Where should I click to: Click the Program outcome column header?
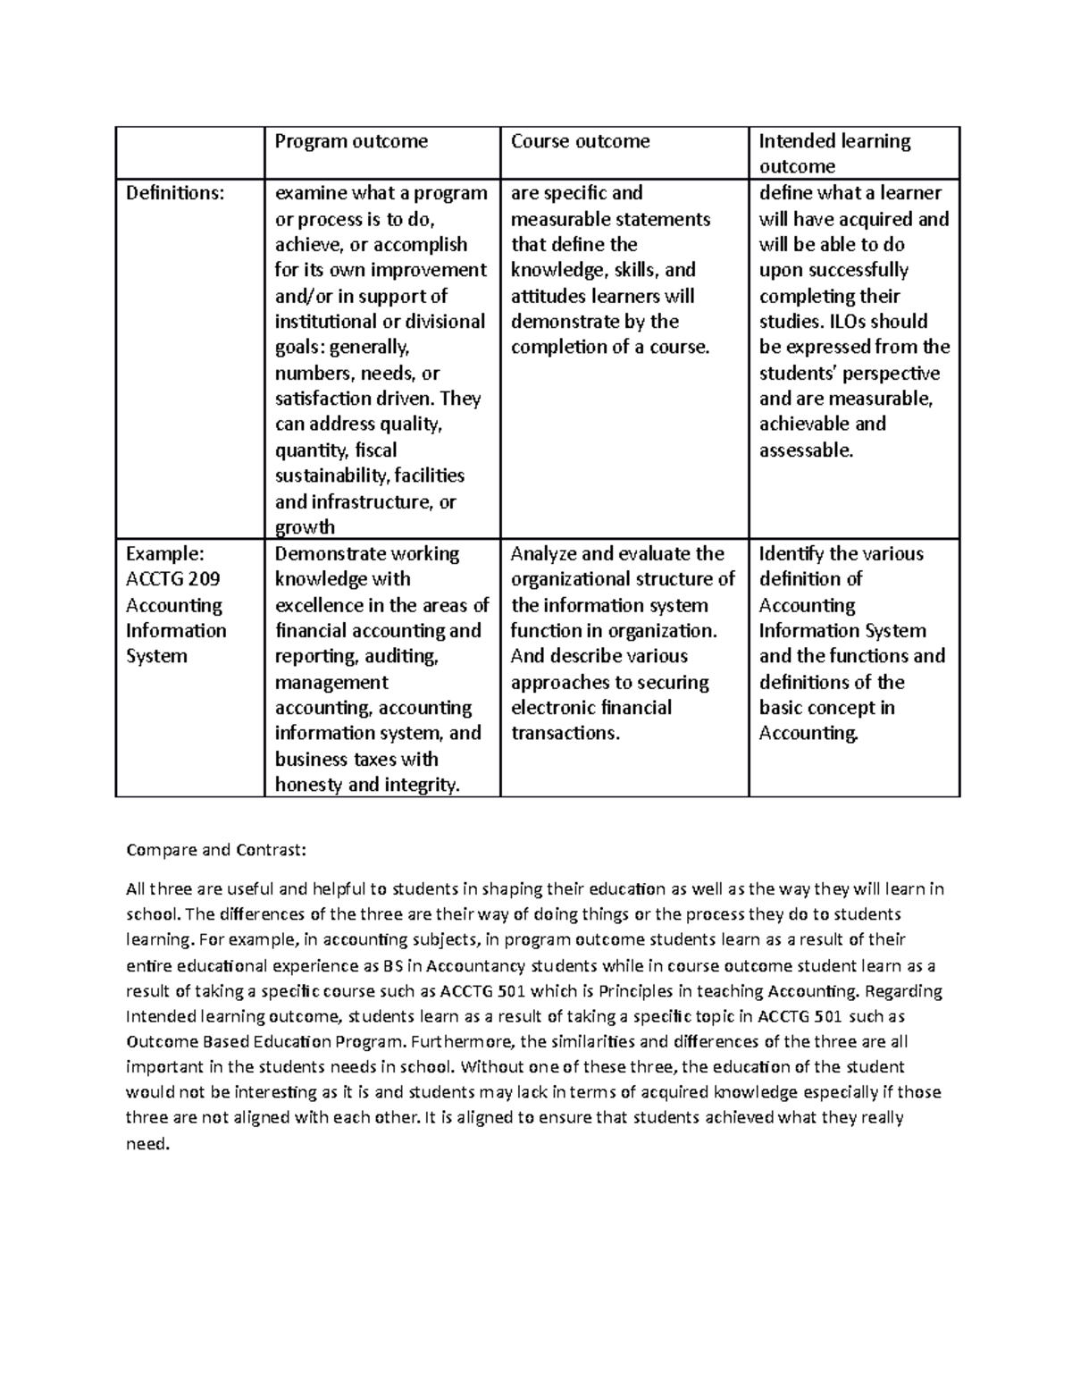point(350,141)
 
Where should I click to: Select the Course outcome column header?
point(580,141)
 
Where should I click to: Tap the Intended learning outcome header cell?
point(834,153)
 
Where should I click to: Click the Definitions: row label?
point(174,193)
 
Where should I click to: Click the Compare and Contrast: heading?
point(216,850)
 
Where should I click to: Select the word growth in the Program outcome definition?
point(305,527)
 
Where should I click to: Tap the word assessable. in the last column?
point(806,450)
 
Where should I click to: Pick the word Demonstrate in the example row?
point(327,554)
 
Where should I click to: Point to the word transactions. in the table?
point(565,734)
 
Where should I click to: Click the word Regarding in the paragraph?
point(904,991)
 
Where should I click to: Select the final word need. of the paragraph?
point(147,1143)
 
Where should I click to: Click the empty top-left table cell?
point(189,153)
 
